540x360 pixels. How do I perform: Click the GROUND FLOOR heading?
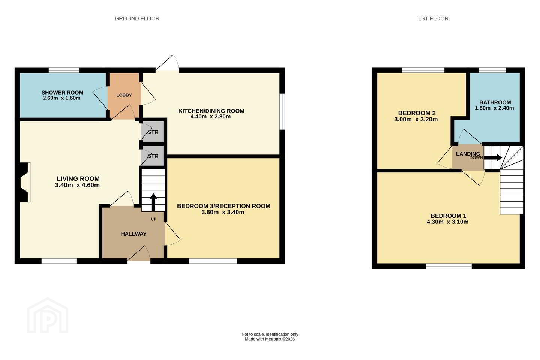136,19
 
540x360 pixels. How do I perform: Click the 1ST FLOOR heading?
433,19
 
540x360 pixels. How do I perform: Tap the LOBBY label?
124,95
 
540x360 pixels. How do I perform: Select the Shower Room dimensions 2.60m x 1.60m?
61,98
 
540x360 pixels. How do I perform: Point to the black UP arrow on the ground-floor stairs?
153,202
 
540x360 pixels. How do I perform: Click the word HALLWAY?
133,234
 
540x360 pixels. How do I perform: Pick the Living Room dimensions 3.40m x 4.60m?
77,185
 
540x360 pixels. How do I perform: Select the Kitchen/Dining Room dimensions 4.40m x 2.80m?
210,117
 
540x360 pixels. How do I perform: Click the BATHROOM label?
495,102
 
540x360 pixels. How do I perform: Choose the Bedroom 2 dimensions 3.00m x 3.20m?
416,119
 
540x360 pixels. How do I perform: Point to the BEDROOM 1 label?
448,216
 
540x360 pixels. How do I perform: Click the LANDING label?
468,154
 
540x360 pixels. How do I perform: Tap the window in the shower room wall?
64,70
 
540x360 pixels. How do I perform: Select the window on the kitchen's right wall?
282,112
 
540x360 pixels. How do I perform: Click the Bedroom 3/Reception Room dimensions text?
223,212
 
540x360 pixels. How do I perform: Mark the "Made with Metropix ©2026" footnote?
270,339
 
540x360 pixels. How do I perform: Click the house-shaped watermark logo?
48,315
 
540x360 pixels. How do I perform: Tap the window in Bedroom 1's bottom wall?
448,266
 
